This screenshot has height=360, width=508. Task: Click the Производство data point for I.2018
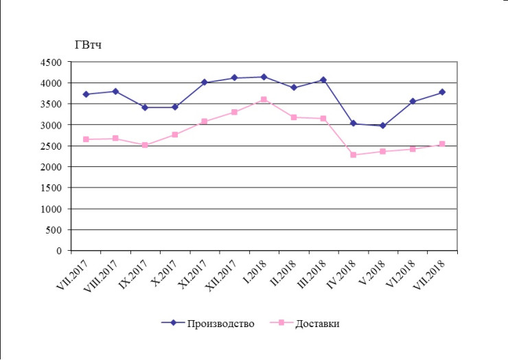(x=264, y=77)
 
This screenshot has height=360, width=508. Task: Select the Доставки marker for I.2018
(x=264, y=100)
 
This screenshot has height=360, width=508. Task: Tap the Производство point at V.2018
(x=382, y=126)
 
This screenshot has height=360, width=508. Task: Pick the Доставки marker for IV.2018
(x=353, y=155)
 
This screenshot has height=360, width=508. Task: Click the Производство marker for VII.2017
(x=86, y=94)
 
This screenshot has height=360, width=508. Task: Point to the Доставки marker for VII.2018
(x=442, y=144)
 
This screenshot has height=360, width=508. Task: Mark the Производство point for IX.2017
(x=145, y=107)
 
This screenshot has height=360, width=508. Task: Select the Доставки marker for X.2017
(x=175, y=135)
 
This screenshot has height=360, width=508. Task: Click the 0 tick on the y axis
(x=59, y=251)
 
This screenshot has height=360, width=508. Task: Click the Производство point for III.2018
(x=323, y=80)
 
